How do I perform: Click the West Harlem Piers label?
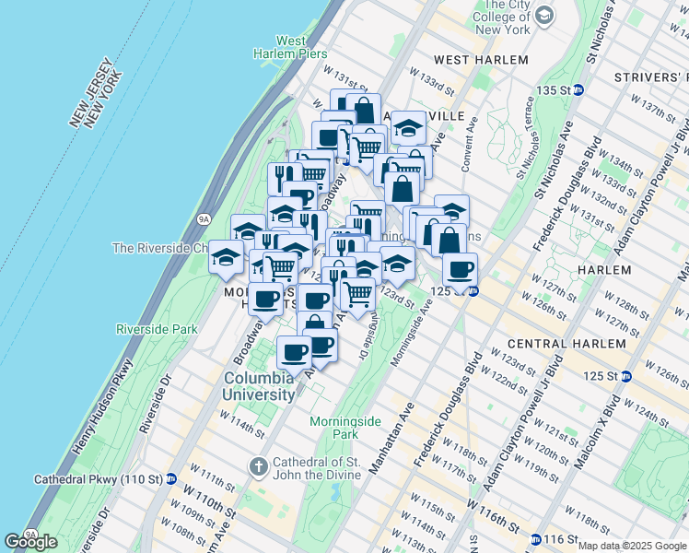pos(290,47)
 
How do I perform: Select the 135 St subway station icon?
pos(578,89)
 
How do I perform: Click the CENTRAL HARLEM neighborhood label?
pos(568,344)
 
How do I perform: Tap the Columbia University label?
pos(257,385)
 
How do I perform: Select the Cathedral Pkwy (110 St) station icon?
pos(171,479)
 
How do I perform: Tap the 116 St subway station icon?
pos(536,538)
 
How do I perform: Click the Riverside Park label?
pos(157,329)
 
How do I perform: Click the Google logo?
pos(31,542)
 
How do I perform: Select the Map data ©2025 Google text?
pos(632,546)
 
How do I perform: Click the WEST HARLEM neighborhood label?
pos(480,60)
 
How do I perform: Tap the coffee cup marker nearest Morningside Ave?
pos(461,269)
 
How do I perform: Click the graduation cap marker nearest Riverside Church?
pos(225,259)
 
